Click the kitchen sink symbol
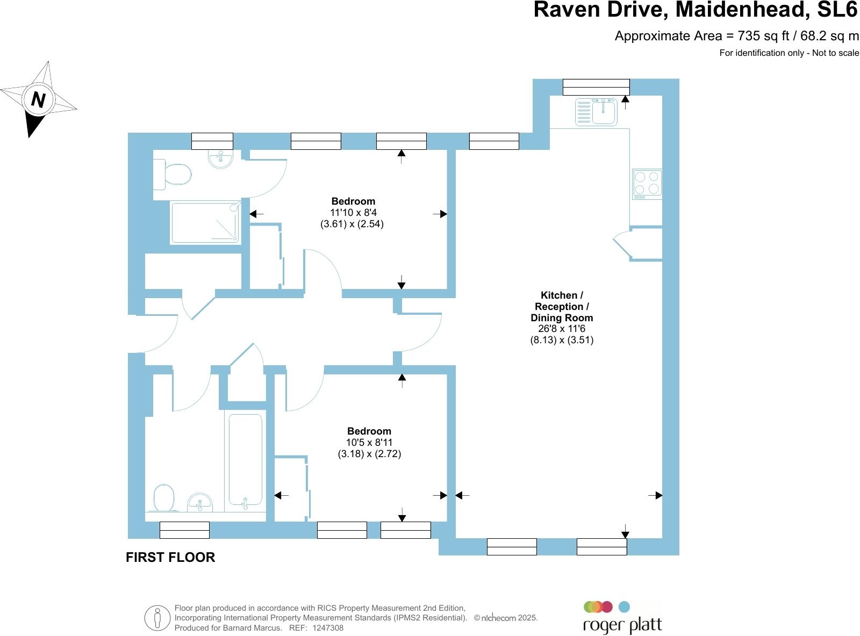coord(597,112)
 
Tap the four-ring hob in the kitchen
coord(647,184)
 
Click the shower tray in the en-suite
coord(205,222)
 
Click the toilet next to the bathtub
coord(164,498)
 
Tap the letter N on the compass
coord(38,99)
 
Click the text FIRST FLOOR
coord(170,558)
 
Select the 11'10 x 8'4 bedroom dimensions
coord(353,213)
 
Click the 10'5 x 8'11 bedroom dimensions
coord(369,443)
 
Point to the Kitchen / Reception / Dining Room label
coord(562,306)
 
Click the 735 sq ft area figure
coord(764,36)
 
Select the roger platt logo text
coord(622,625)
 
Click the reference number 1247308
coord(327,627)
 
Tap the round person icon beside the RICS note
coord(157,618)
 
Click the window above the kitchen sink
coord(596,86)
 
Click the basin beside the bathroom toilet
coord(200,503)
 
